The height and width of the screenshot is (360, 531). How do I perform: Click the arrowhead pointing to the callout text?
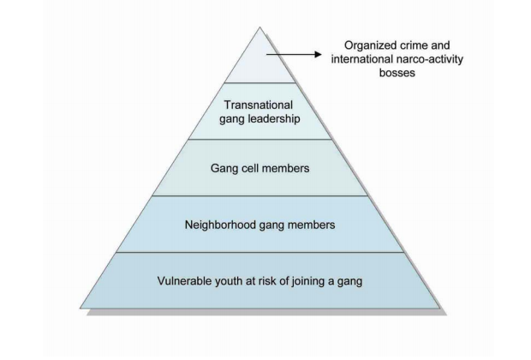(318, 54)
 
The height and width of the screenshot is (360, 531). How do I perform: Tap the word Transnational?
(258, 105)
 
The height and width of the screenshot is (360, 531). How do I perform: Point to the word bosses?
(397, 73)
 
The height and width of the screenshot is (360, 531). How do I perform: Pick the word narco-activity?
(429, 59)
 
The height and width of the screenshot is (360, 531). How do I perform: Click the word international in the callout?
(361, 59)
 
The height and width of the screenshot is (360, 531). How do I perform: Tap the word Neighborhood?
(220, 225)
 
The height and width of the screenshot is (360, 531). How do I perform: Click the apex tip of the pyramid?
(260, 27)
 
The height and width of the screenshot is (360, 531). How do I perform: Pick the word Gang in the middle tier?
(223, 169)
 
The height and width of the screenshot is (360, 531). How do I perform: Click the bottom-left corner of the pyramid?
(81, 308)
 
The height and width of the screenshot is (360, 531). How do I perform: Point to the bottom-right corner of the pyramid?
(440, 308)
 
